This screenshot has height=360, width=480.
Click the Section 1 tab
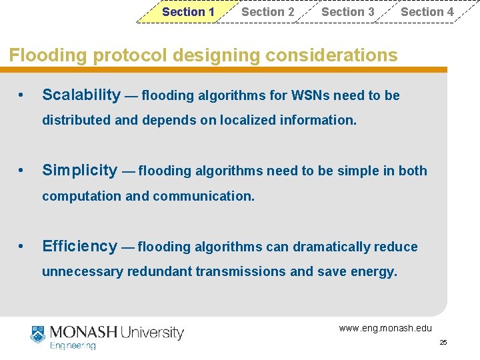pyautogui.click(x=188, y=12)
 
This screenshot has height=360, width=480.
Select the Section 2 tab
pyautogui.click(x=267, y=12)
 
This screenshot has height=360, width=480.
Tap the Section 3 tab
pyautogui.click(x=347, y=12)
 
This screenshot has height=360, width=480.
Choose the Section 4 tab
pyautogui.click(x=427, y=12)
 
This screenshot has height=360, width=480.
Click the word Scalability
pyautogui.click(x=81, y=95)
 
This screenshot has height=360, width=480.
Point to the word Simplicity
pyautogui.click(x=79, y=171)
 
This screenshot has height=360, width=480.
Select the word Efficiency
pyautogui.click(x=79, y=247)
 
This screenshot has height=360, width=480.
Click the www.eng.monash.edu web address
pyautogui.click(x=385, y=328)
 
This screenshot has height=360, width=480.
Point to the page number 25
pyautogui.click(x=443, y=343)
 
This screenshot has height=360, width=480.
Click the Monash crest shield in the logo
pyautogui.click(x=37, y=333)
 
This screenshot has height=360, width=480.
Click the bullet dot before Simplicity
pyautogui.click(x=23, y=171)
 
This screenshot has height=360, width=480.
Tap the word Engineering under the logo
pyautogui.click(x=73, y=346)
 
